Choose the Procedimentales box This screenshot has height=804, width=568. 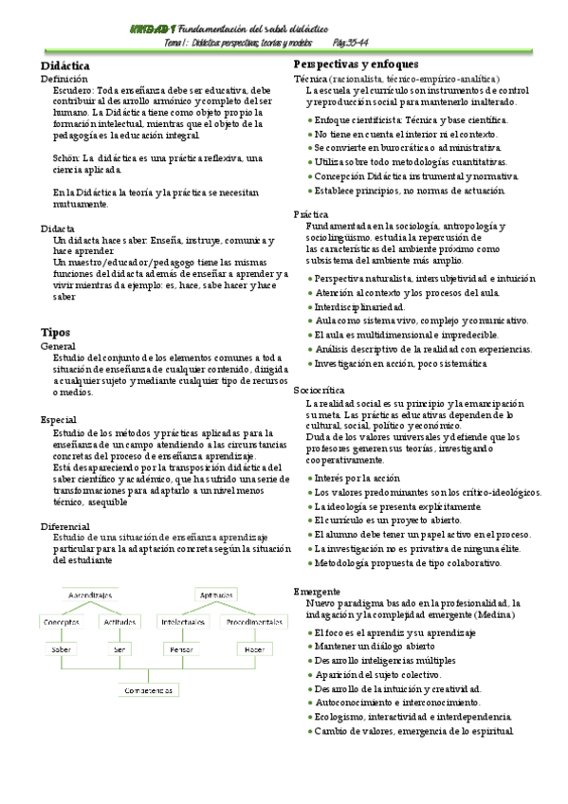click(x=253, y=622)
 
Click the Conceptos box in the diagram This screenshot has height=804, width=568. click(x=60, y=622)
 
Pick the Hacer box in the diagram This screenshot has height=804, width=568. click(x=253, y=649)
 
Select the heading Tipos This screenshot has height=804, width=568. click(x=55, y=332)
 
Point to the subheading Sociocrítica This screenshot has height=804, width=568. click(x=320, y=390)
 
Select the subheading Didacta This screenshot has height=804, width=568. click(x=59, y=229)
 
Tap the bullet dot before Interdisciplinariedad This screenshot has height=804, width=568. click(x=311, y=307)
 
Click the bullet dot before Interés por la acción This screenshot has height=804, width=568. click(x=311, y=479)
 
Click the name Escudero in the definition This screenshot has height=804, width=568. click(x=71, y=91)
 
